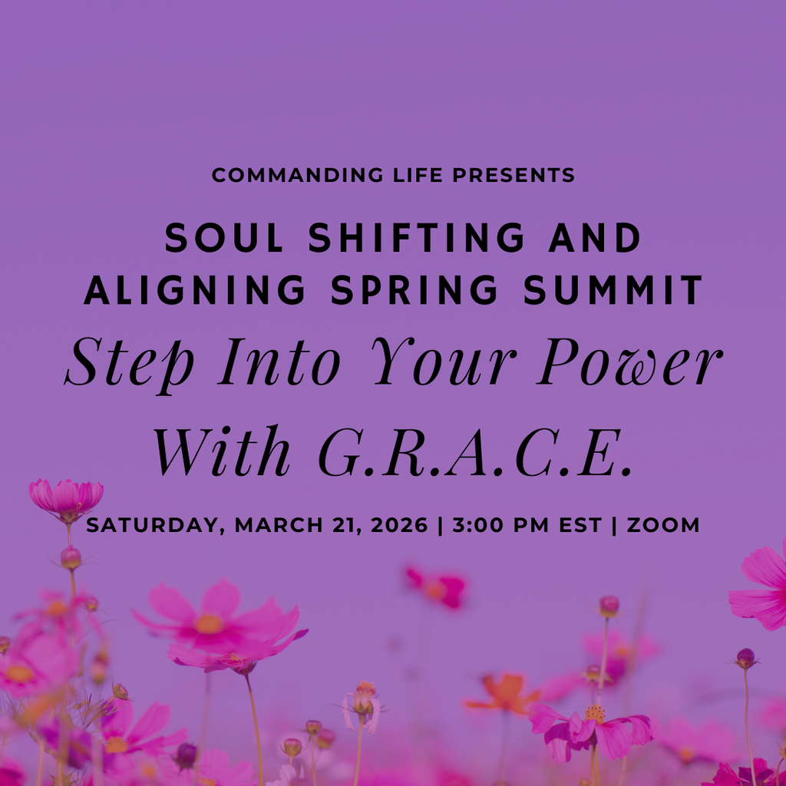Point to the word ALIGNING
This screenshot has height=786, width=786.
(196, 290)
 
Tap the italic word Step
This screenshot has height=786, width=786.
(130, 362)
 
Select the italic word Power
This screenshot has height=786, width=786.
(629, 362)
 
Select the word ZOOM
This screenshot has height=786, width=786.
(663, 526)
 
